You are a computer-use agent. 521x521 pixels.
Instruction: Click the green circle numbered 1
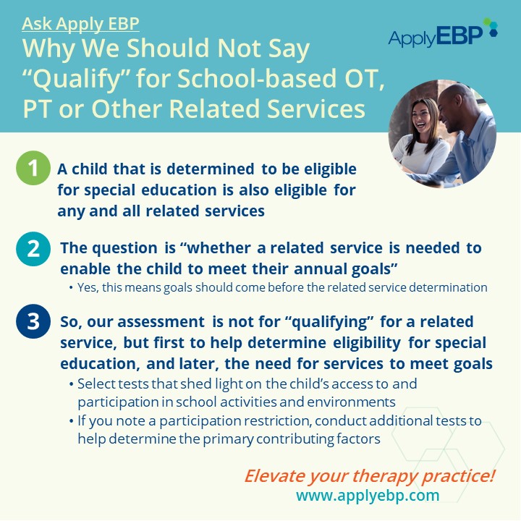tap(33, 168)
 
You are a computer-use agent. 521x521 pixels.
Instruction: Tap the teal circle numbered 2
tap(33, 249)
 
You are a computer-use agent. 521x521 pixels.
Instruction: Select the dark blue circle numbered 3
tap(33, 321)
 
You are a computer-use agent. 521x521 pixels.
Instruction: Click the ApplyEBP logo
tap(443, 33)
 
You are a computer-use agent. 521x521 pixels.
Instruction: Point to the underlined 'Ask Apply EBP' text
tap(80, 24)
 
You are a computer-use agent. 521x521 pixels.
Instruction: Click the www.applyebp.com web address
tap(368, 495)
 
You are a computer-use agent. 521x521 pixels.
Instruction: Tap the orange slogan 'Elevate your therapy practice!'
tap(370, 475)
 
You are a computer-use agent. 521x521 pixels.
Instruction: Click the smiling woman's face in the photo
tap(422, 117)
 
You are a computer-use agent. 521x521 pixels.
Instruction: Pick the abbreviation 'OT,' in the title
tap(365, 78)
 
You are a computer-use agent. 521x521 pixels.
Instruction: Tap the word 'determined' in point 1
tap(211, 169)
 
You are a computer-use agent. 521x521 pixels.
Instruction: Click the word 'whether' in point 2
tap(219, 248)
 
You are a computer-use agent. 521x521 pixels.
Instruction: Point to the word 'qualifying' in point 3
tap(329, 322)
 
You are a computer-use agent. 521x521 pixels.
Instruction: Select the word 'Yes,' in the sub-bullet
tap(88, 288)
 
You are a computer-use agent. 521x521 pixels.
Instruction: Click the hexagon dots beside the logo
tap(491, 27)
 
